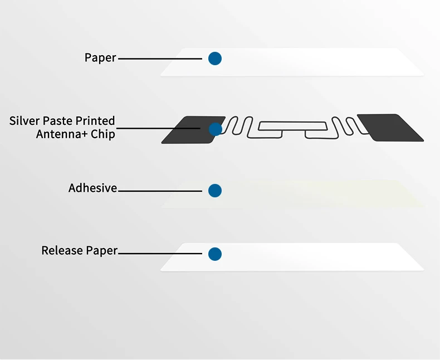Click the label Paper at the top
click(100, 57)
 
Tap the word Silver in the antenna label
click(23, 121)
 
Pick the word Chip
click(104, 134)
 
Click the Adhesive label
click(92, 188)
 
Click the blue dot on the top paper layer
click(215, 58)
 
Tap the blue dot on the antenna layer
click(215, 129)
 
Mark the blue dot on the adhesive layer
click(215, 191)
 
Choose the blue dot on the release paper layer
click(215, 254)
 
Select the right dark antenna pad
click(390, 127)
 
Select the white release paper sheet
click(312, 257)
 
